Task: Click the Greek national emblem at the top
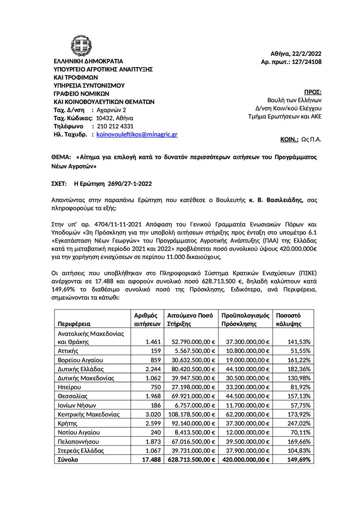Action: click(x=82, y=46)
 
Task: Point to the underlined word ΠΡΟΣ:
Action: click(x=313, y=92)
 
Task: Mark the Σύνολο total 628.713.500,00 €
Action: click(x=191, y=459)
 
